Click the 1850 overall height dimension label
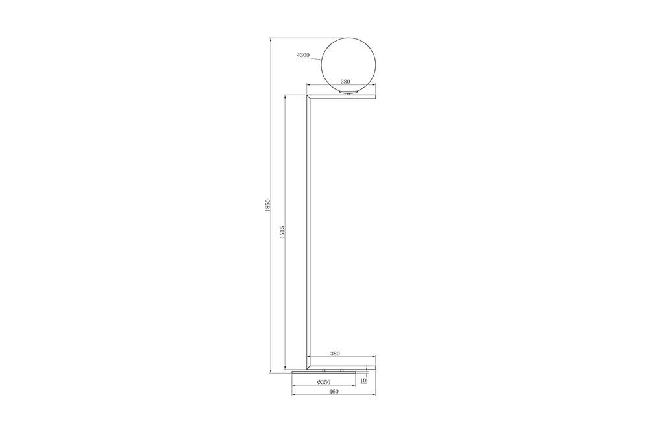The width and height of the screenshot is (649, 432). click(268, 206)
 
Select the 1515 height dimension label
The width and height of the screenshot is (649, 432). click(282, 232)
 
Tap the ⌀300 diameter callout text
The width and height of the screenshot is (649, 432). click(303, 55)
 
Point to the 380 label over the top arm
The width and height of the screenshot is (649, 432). click(345, 82)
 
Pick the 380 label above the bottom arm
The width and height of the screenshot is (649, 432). click(335, 354)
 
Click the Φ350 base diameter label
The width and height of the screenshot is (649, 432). click(324, 382)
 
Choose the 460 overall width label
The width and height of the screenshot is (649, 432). click(334, 391)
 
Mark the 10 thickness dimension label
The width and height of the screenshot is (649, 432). click(363, 381)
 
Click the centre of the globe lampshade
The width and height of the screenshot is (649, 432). click(349, 65)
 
